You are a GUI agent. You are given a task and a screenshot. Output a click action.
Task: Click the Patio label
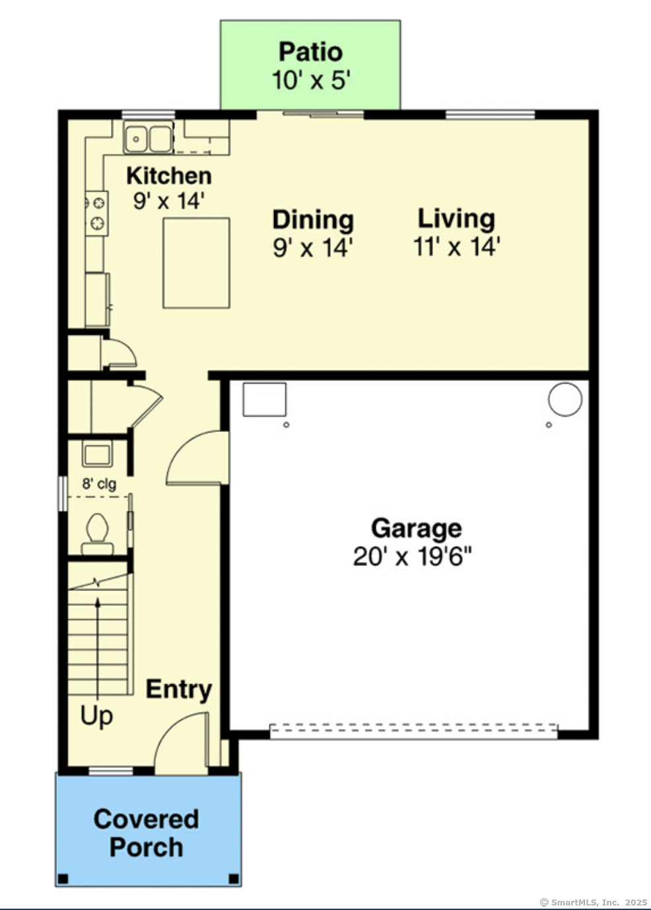click(310, 52)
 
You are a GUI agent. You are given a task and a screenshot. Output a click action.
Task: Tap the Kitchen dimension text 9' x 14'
click(168, 200)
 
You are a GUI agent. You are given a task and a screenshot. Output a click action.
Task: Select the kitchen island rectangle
click(197, 263)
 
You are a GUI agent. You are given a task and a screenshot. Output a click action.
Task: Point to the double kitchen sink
click(149, 138)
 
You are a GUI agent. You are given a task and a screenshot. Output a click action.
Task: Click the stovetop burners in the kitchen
click(97, 213)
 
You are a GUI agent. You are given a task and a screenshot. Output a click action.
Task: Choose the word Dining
click(313, 219)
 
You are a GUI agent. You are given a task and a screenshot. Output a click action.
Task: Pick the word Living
click(456, 219)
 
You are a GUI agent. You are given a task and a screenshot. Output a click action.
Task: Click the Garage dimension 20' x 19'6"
click(413, 557)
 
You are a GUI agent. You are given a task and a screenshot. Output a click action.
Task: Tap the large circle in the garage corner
click(565, 399)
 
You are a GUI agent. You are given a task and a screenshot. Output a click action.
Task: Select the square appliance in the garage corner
click(264, 399)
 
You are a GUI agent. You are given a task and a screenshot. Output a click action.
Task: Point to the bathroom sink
click(96, 454)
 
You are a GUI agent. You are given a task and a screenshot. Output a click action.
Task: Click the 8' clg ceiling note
click(99, 483)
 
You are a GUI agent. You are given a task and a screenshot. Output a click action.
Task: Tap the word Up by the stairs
click(96, 715)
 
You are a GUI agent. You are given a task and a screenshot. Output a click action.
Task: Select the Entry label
click(179, 689)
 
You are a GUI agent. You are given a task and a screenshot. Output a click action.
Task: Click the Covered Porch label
click(146, 833)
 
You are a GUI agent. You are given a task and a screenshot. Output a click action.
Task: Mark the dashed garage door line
click(413, 731)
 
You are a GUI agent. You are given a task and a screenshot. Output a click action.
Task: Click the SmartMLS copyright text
click(593, 902)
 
